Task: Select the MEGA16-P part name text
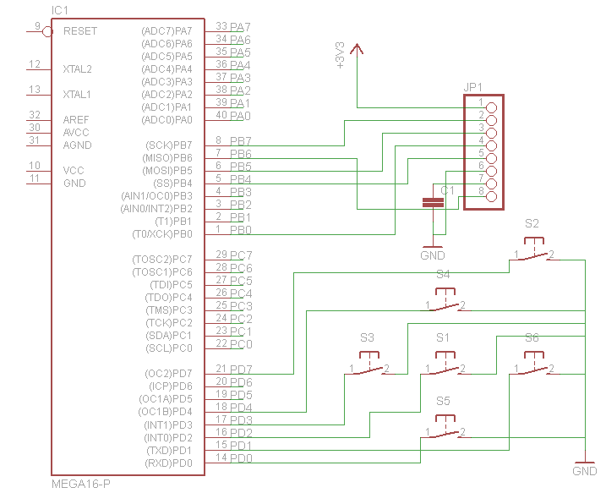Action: (81, 484)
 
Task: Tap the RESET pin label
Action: (80, 31)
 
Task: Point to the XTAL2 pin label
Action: (78, 69)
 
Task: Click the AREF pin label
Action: (76, 120)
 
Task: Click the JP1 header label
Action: (472, 87)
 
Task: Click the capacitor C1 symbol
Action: (433, 202)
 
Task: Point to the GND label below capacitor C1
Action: (432, 255)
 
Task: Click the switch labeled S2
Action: (532, 252)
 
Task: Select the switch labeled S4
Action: (445, 303)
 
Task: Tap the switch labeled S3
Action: (368, 366)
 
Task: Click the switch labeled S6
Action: (532, 366)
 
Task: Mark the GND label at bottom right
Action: (584, 471)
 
